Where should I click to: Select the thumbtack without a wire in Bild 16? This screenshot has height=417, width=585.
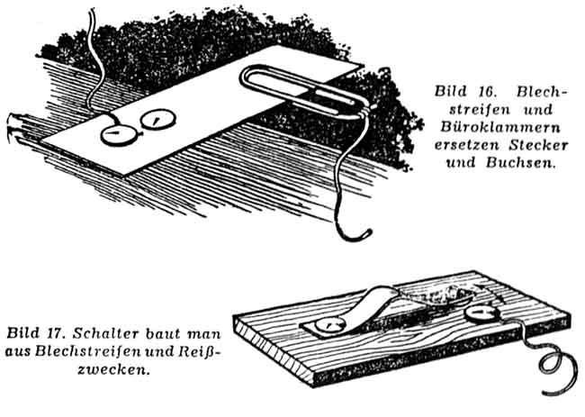click(x=158, y=119)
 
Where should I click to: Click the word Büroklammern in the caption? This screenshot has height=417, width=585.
click(x=500, y=127)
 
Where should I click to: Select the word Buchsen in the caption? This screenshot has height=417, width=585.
click(x=518, y=163)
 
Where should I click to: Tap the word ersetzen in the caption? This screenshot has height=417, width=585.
click(x=466, y=145)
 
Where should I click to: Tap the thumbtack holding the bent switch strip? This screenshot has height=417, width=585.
click(x=329, y=325)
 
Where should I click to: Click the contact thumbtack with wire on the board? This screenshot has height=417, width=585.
click(x=481, y=313)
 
